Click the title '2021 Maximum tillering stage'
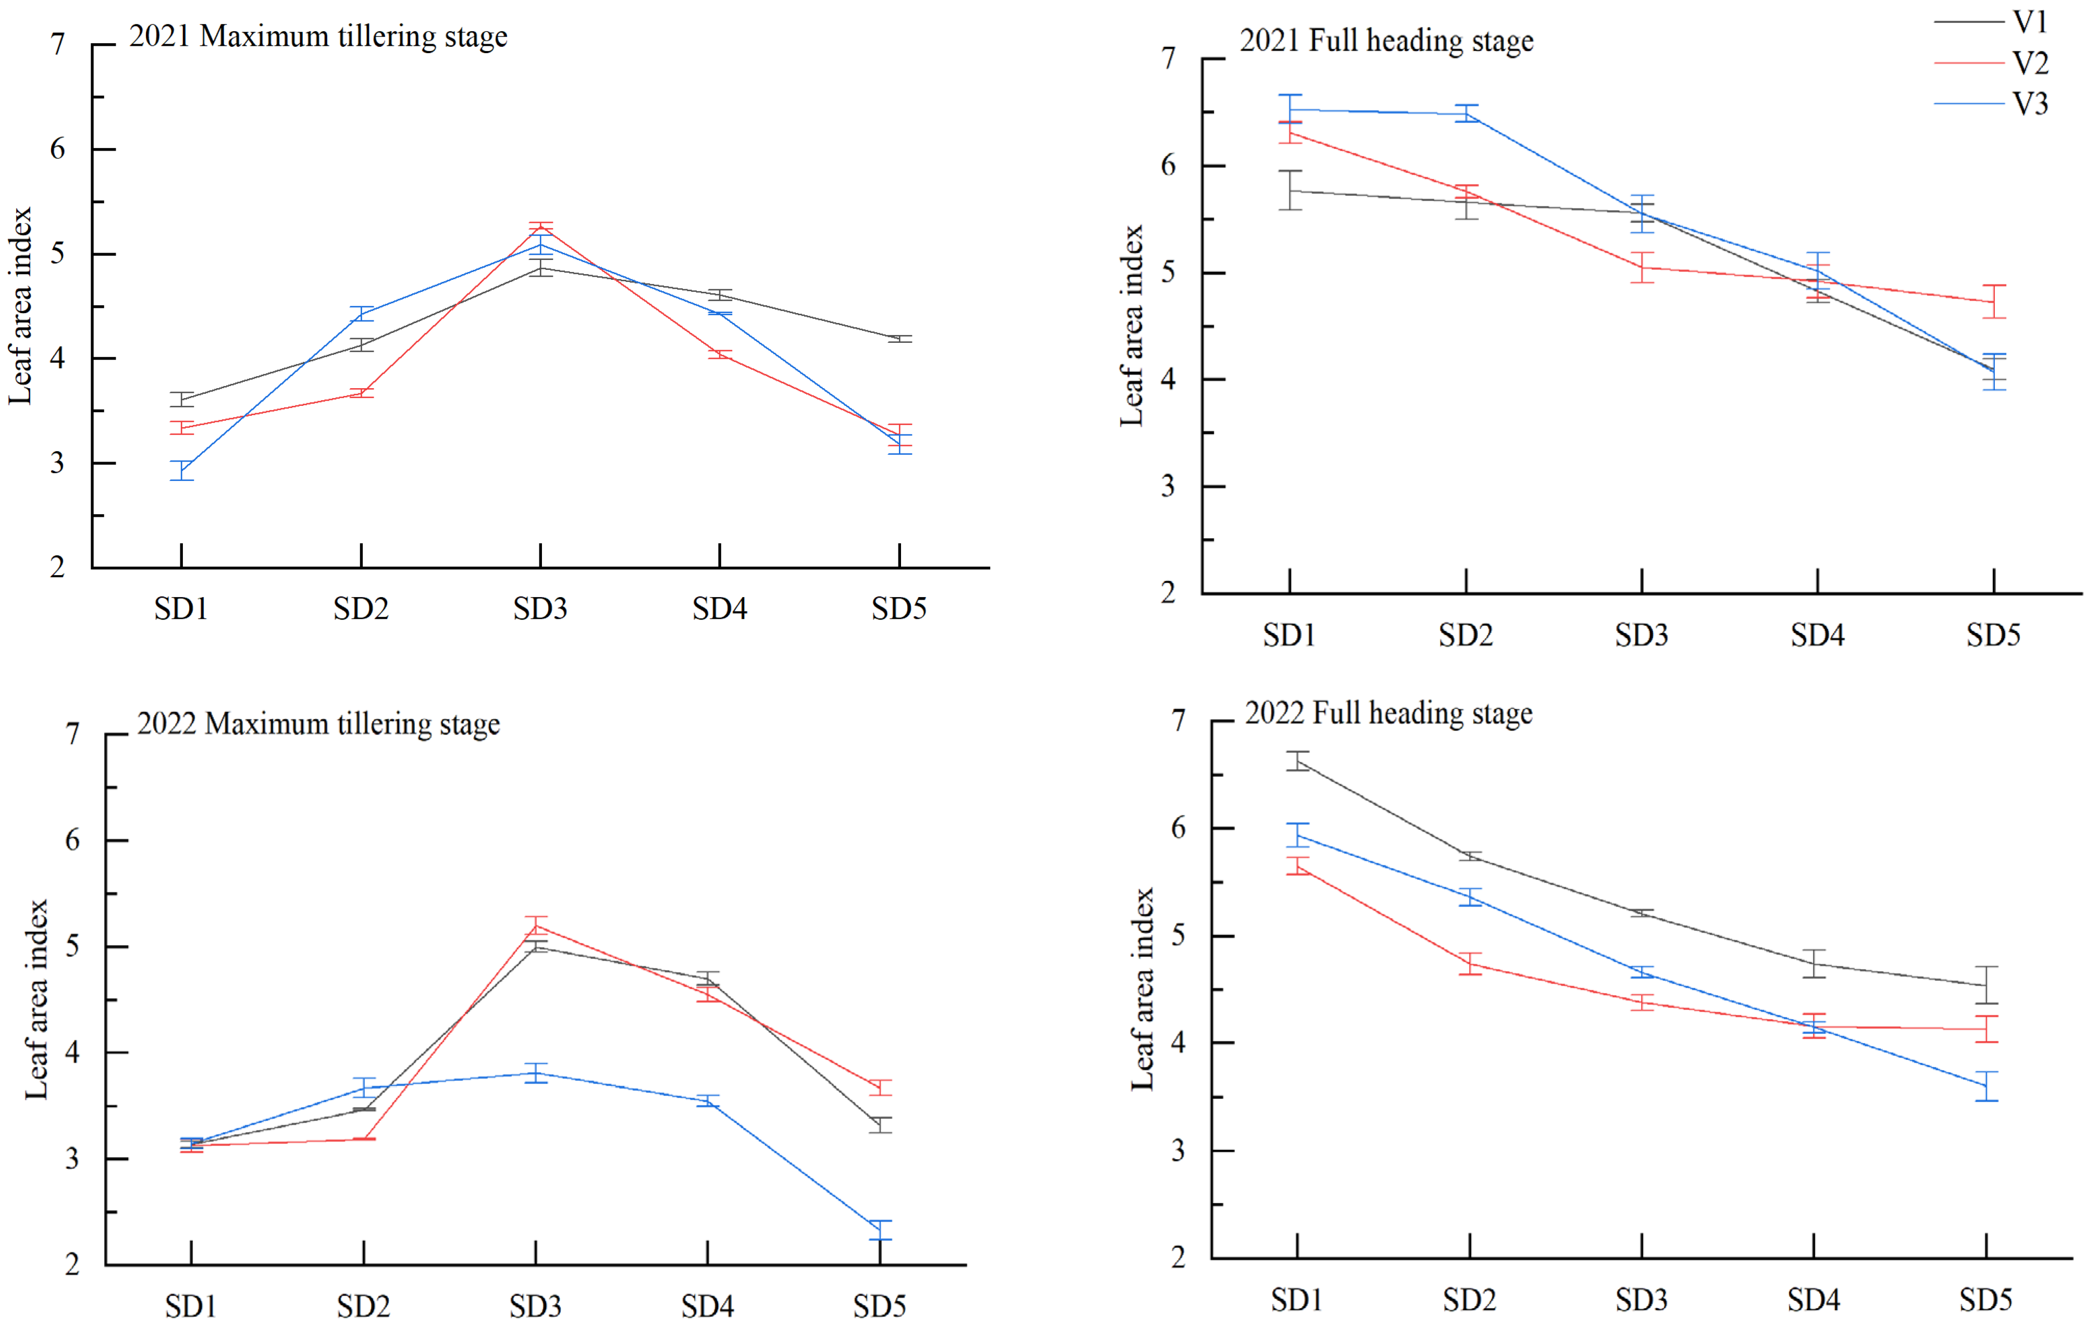pyautogui.click(x=318, y=36)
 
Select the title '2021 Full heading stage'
pyautogui.click(x=1387, y=41)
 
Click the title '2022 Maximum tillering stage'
pyautogui.click(x=318, y=724)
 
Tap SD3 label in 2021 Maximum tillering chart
pyautogui.click(x=540, y=609)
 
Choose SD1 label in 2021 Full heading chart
pyautogui.click(x=1289, y=635)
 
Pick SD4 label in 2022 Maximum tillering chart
pyautogui.click(x=707, y=1306)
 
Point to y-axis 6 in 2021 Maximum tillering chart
pyautogui.click(x=57, y=149)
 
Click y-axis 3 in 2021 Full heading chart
pyautogui.click(x=1168, y=487)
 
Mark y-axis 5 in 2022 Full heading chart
pyautogui.click(x=1179, y=936)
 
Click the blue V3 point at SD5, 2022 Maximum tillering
pyautogui.click(x=880, y=1230)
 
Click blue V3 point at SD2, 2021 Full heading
pyautogui.click(x=1466, y=114)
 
